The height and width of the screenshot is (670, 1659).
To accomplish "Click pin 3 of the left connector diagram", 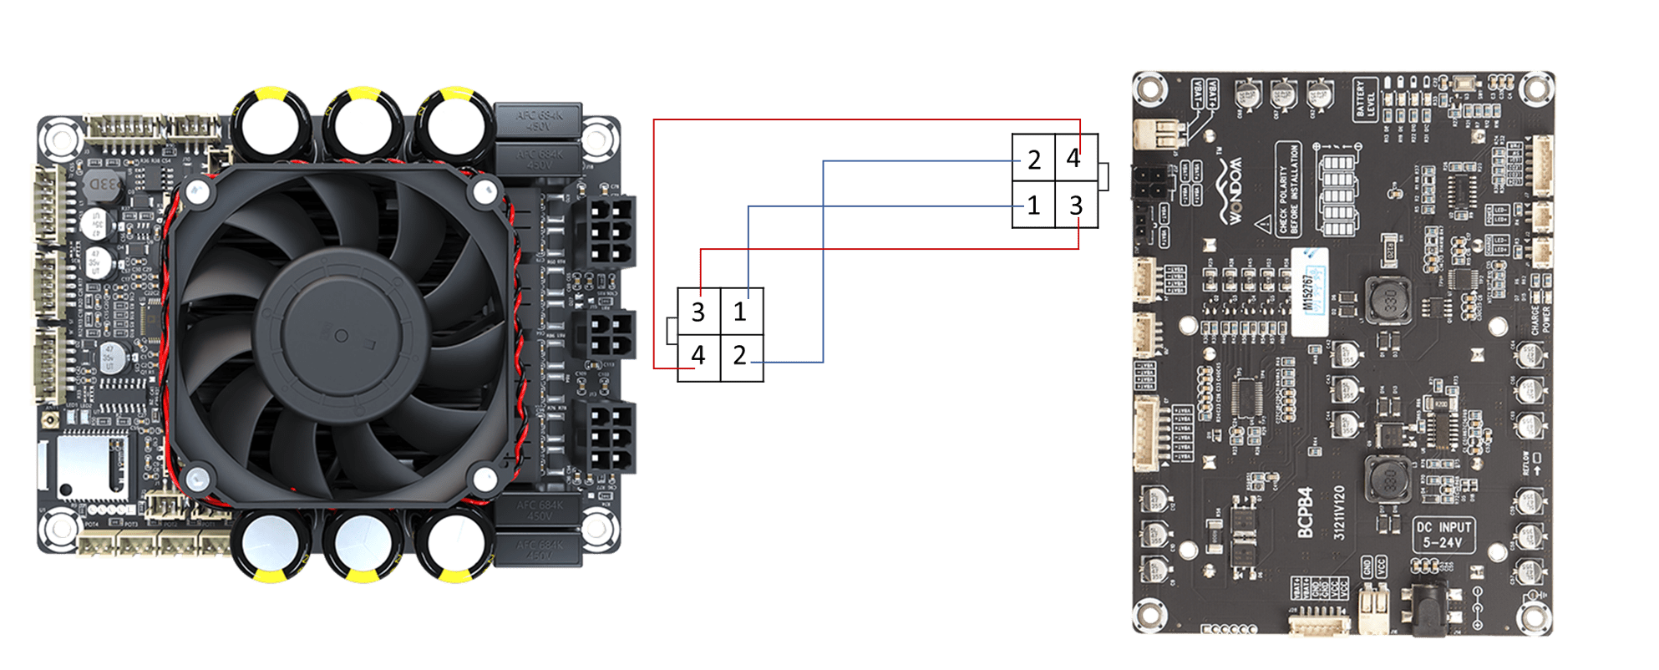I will pos(698,312).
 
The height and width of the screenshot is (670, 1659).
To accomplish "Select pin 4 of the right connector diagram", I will pos(1075,157).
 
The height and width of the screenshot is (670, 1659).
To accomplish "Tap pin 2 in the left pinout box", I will pos(740,356).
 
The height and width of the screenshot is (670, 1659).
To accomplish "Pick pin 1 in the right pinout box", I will pos(1033,205).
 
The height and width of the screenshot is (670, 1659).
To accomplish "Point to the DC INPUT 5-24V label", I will pos(1443,535).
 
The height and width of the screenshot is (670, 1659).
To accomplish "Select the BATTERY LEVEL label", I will pos(1365,100).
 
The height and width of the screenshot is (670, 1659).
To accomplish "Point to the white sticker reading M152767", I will pos(1308,292).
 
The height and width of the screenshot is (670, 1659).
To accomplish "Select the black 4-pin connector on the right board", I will pos(1147,183).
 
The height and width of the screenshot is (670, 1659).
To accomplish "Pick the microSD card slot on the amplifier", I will pos(92,466).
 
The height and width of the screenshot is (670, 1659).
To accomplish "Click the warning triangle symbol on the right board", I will pos(1264,224).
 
